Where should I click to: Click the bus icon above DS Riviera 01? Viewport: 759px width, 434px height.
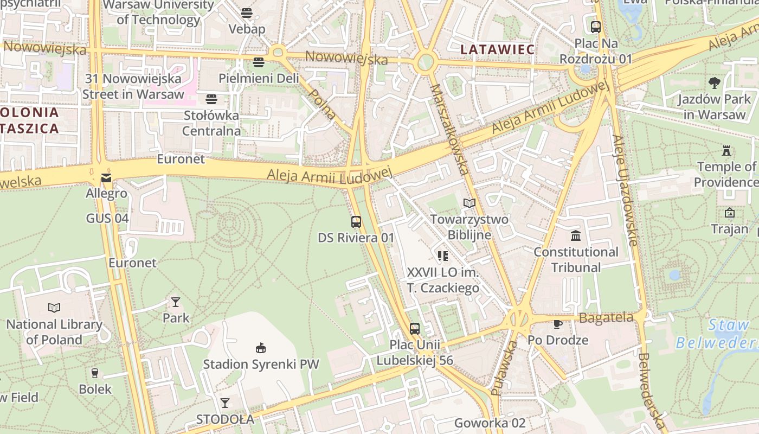tap(356, 221)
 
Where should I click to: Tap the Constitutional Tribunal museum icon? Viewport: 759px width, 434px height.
tap(576, 236)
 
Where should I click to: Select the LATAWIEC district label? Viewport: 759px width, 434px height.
tap(497, 49)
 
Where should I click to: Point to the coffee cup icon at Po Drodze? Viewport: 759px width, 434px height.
tap(558, 324)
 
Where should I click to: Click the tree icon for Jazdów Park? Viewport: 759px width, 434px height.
tap(715, 83)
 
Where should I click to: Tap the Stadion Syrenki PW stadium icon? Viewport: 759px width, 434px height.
tap(261, 348)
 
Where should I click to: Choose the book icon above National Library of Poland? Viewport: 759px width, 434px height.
tap(54, 308)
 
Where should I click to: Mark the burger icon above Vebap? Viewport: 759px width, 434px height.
tap(247, 13)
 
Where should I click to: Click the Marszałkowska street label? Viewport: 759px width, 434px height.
tap(449, 129)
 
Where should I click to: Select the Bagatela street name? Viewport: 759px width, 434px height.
tap(606, 317)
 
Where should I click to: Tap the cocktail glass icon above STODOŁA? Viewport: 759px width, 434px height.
tap(225, 403)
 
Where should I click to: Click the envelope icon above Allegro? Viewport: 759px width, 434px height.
tap(106, 177)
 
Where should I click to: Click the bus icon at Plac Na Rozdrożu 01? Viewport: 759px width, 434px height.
tap(595, 27)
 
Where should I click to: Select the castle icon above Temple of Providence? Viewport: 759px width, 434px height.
tap(726, 150)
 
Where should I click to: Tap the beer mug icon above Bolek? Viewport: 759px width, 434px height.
tap(95, 373)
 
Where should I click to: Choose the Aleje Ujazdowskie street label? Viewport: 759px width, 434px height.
tap(625, 190)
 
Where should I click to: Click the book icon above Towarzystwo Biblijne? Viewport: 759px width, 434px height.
tap(469, 203)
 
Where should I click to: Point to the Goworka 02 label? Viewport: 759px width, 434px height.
tap(490, 423)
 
